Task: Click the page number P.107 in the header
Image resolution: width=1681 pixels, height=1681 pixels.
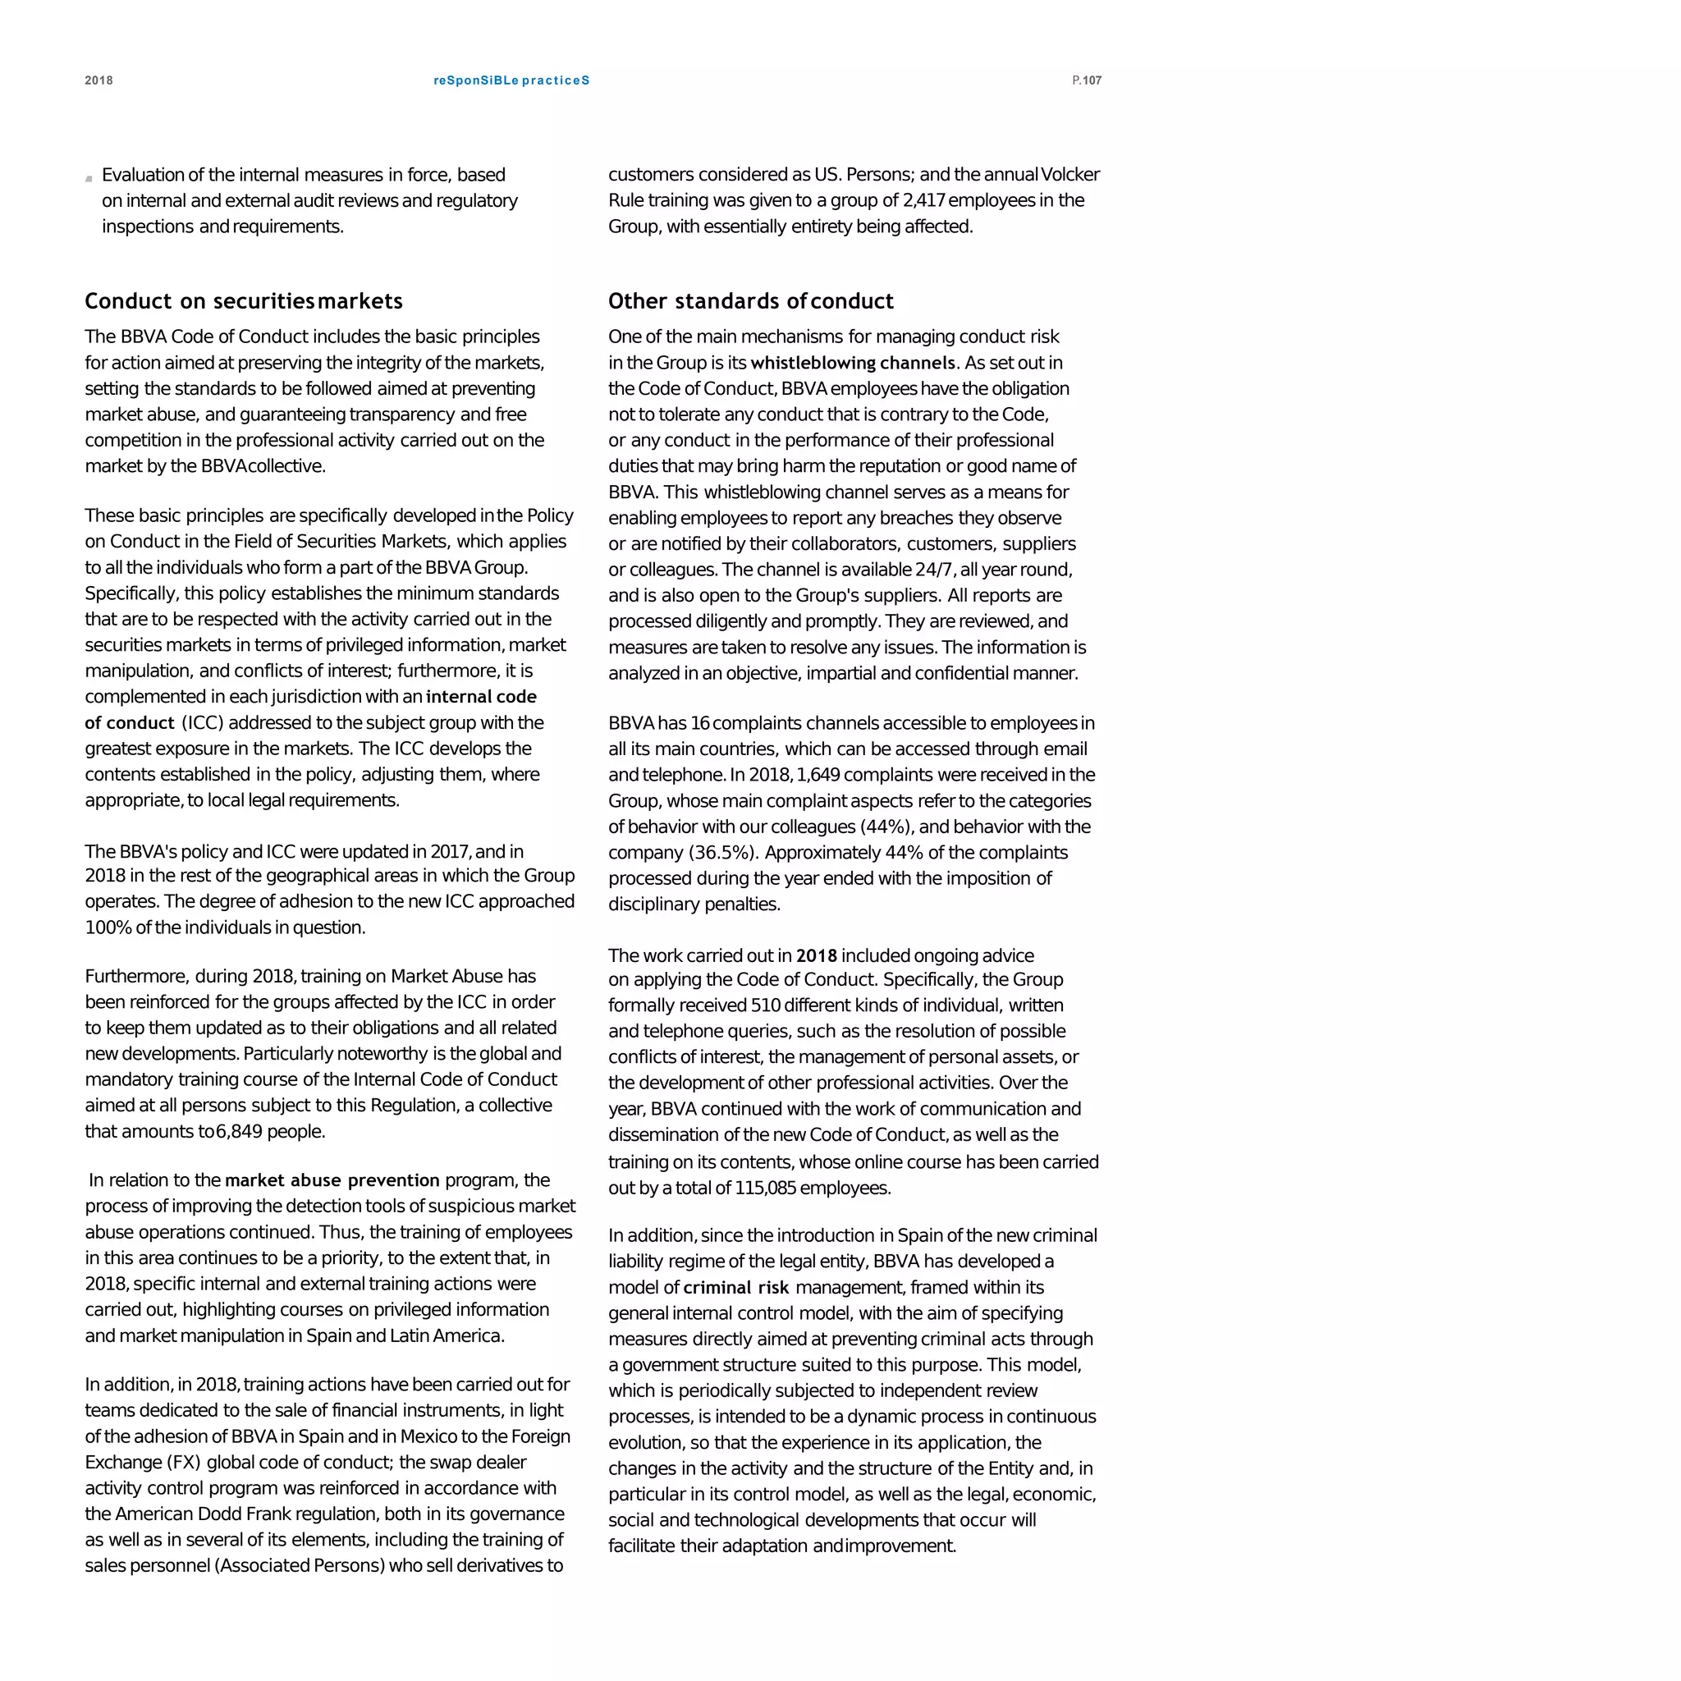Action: coord(1087,81)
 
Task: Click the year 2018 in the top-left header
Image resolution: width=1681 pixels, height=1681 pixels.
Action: coord(98,81)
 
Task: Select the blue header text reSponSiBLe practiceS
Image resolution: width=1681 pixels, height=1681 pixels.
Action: coord(511,81)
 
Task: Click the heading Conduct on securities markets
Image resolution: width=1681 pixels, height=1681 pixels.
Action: coord(244,301)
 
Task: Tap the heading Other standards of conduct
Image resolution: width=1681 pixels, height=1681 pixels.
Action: coord(750,301)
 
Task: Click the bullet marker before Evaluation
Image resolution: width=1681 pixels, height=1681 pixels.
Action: coord(89,178)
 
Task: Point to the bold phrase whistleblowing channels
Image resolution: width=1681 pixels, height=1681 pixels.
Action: coord(853,363)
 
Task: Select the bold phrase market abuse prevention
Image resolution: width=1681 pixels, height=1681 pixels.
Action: coord(332,1179)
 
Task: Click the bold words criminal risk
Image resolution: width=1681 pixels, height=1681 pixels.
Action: coord(736,1288)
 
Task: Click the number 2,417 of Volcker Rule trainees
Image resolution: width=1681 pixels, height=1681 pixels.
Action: coord(923,200)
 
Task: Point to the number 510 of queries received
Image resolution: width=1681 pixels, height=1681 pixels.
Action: coord(765,1005)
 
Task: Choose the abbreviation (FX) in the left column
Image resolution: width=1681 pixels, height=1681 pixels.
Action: coord(183,1462)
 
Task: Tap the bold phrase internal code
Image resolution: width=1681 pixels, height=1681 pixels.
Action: coord(481,697)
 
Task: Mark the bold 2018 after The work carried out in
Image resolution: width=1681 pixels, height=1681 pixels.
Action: coord(815,955)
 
